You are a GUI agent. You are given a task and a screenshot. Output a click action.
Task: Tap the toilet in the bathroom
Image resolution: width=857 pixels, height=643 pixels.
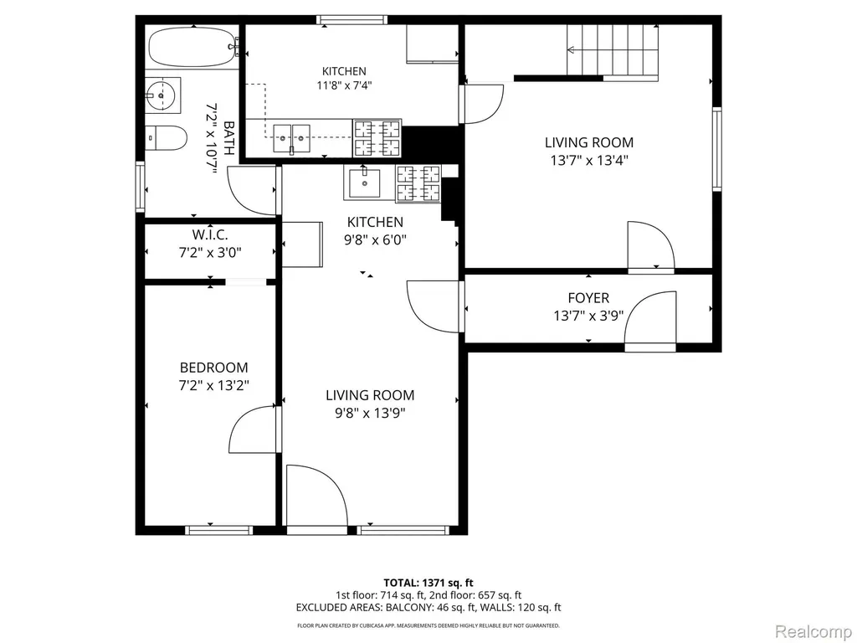pos(167,138)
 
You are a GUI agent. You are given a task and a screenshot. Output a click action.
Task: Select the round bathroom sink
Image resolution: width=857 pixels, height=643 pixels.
pos(163,95)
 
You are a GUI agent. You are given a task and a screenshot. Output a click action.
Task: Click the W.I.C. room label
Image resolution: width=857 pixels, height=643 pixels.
pos(210,235)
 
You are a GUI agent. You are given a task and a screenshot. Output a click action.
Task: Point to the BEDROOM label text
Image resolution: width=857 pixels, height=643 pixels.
pos(213,368)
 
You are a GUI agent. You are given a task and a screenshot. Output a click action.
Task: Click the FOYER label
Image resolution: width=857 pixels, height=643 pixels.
pos(588,298)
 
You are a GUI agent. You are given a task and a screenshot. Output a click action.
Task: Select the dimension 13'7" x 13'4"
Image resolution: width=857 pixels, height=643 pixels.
pos(589,161)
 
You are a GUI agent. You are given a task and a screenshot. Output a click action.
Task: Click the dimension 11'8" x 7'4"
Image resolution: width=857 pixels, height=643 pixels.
pos(344,85)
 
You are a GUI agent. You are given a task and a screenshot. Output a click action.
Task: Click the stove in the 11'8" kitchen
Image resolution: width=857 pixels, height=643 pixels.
pos(377,138)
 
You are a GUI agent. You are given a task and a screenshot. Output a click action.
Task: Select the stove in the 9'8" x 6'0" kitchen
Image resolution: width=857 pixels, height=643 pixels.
pos(418,183)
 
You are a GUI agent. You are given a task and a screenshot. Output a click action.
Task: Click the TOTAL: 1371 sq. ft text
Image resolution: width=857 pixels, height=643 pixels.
pos(428,583)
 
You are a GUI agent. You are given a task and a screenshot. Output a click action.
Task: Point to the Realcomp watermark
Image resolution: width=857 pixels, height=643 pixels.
pos(813,631)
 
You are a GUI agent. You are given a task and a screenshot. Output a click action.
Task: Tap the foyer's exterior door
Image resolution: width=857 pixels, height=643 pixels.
pos(650,321)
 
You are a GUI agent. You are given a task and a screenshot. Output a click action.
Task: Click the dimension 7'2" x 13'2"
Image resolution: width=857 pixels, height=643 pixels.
pos(213,385)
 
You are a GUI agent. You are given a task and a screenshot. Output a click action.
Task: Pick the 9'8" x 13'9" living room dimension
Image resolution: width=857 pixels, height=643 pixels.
pos(370,413)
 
